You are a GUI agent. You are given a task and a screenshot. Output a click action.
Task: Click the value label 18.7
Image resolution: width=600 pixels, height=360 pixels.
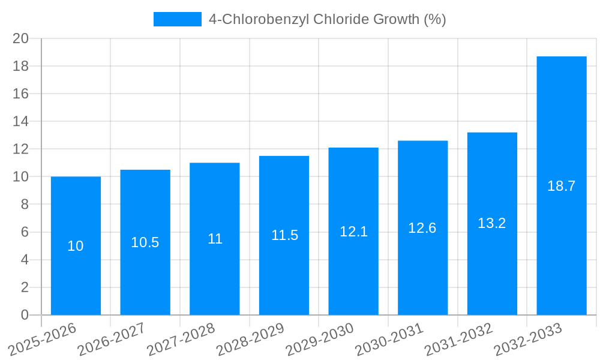[562, 186]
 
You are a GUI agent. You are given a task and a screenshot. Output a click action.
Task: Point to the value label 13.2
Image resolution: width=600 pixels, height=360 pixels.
[492, 223]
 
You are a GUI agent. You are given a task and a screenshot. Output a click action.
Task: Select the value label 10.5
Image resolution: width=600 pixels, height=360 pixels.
[145, 242]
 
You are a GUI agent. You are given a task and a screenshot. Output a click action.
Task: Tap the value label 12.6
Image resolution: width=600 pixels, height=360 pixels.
[422, 228]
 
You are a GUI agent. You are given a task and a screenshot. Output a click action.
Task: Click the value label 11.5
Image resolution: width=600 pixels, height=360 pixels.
[284, 235]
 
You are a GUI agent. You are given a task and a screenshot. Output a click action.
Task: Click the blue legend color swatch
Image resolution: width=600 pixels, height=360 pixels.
[178, 19]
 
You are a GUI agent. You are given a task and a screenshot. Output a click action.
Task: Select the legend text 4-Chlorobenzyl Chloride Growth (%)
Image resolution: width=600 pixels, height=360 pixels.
[327, 19]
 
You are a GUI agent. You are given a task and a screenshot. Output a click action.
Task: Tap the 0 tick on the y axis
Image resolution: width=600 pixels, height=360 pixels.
[25, 315]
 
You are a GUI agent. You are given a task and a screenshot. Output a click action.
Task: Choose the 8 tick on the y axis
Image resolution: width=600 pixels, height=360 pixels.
[25, 205]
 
